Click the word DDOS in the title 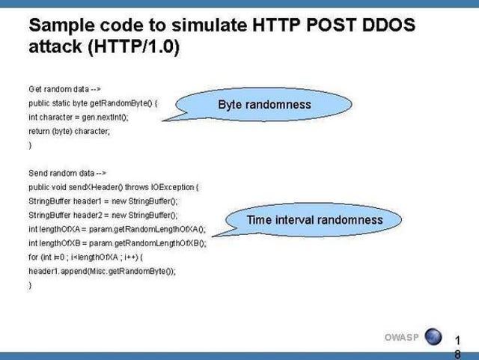click(388, 25)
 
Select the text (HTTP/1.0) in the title click(134, 46)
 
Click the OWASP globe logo click(433, 337)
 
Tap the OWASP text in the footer click(401, 338)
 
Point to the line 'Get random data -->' click(64, 89)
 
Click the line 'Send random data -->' click(67, 174)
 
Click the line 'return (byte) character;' click(69, 132)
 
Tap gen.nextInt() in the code click(105, 118)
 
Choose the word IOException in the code click(173, 187)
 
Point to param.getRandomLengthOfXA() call click(147, 229)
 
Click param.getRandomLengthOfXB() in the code click(148, 243)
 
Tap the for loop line click(85, 257)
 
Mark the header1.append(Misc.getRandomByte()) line click(102, 272)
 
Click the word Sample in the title click(61, 25)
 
